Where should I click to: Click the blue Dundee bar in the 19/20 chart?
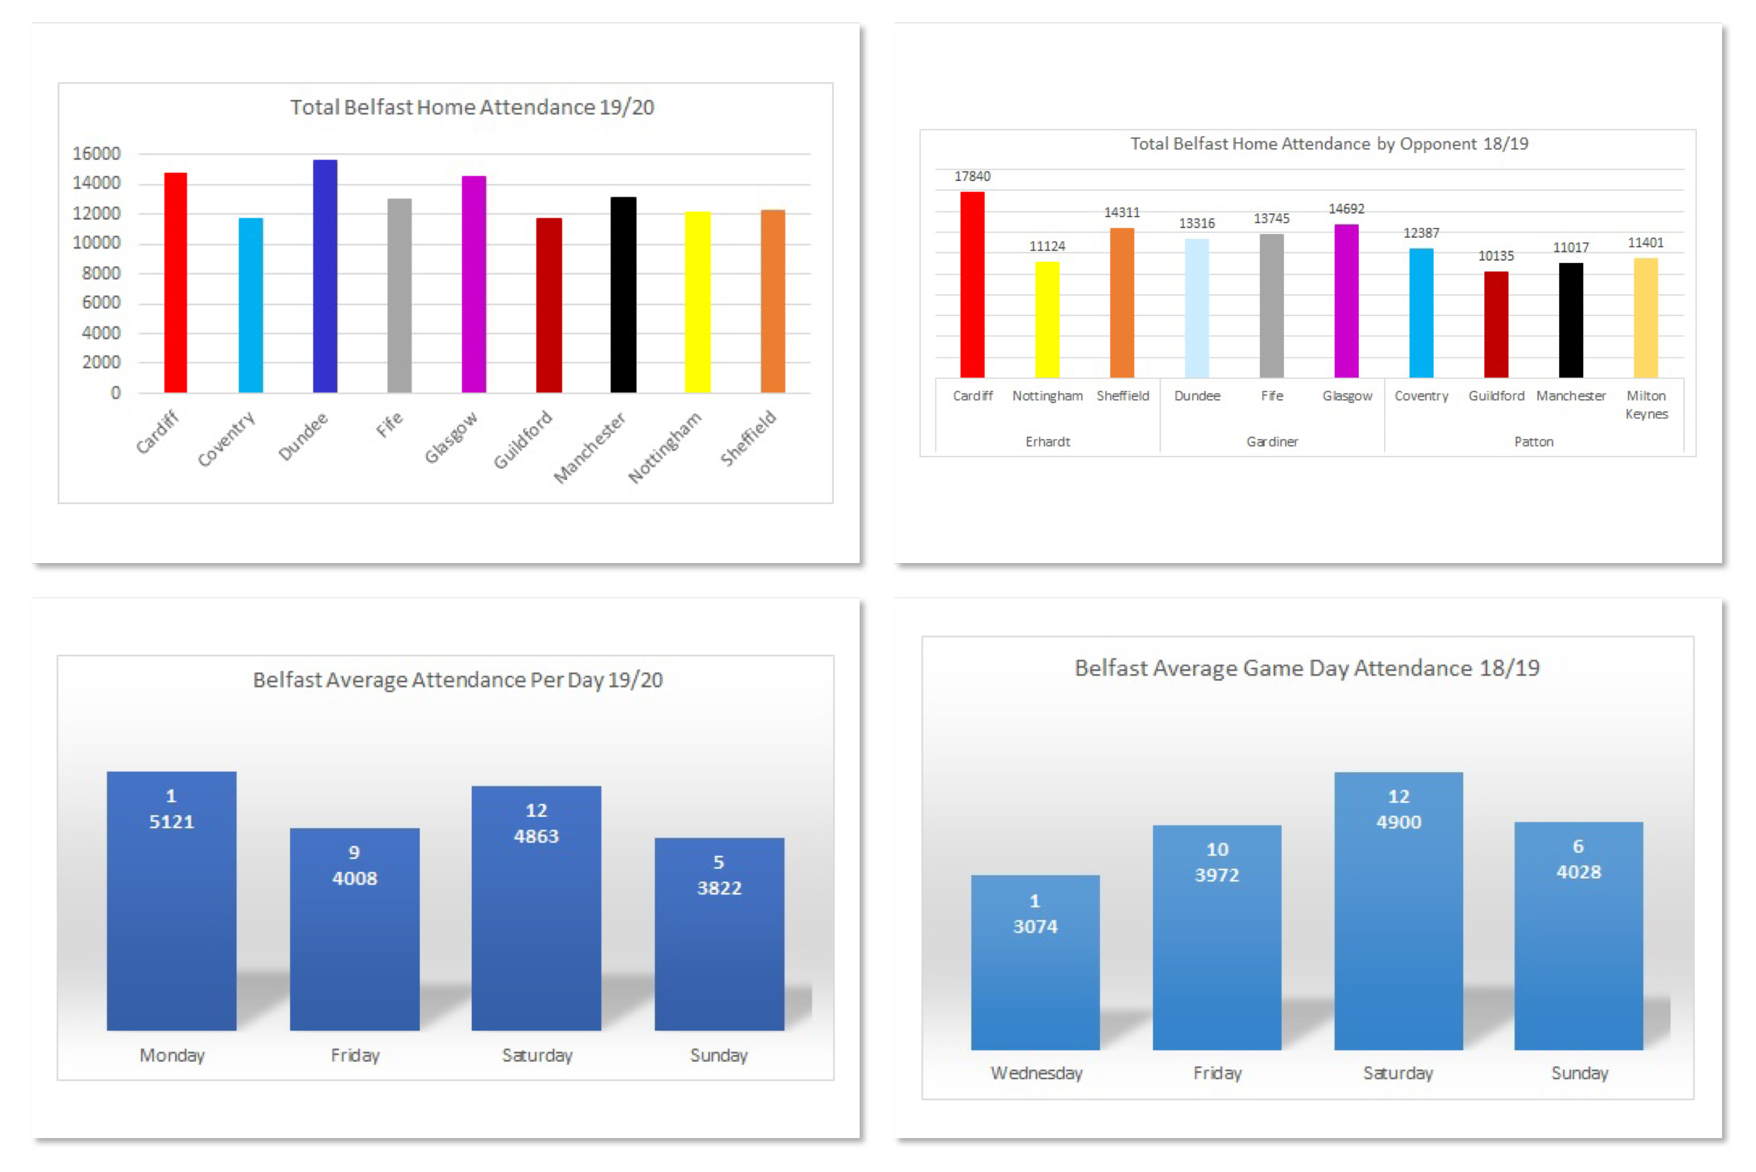[x=324, y=276]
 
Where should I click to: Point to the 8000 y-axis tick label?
[x=101, y=273]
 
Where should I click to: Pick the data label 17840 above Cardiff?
[x=972, y=176]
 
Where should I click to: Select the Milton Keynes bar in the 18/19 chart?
[x=1646, y=318]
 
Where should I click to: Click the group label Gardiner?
[x=1271, y=442]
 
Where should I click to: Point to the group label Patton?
[x=1533, y=442]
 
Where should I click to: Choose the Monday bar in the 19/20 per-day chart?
[x=171, y=900]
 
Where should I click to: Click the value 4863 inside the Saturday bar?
[x=536, y=836]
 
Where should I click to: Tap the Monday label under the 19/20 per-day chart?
[x=172, y=1056]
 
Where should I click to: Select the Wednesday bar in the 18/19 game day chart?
[x=1035, y=963]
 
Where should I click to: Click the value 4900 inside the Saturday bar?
[x=1398, y=822]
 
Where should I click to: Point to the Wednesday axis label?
[x=1036, y=1073]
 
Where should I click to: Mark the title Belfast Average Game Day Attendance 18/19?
[x=1306, y=668]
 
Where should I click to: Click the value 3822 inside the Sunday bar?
[x=718, y=888]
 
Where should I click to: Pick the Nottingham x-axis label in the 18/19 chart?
[x=1047, y=396]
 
